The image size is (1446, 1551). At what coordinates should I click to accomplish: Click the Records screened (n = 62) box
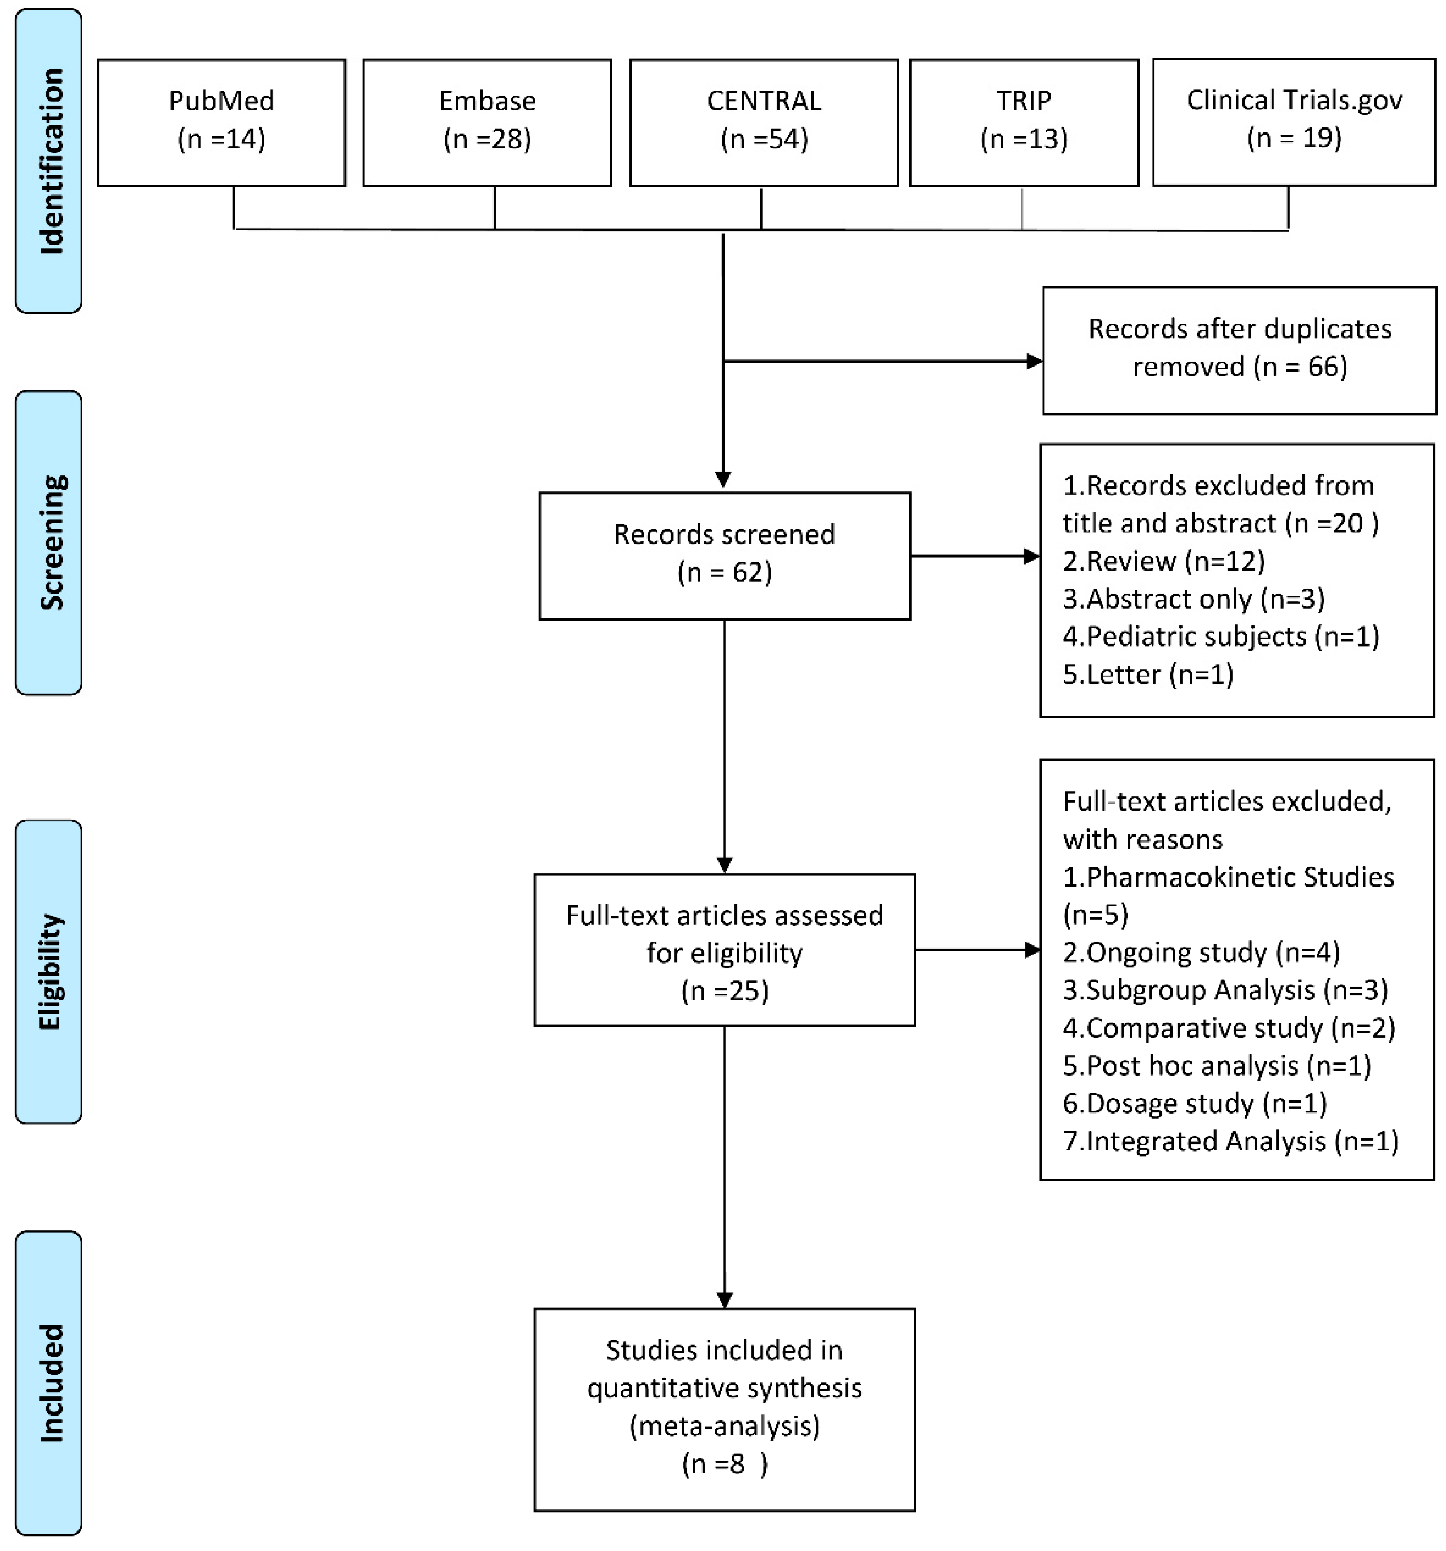click(x=724, y=555)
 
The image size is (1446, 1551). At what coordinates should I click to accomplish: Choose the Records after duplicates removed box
click(x=1239, y=350)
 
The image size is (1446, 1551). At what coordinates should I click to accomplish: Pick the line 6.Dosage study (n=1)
click(x=1194, y=1103)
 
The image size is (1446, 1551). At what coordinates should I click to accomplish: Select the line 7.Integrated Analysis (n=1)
click(x=1230, y=1141)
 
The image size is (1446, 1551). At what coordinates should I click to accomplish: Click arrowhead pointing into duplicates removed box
click(x=1034, y=361)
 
